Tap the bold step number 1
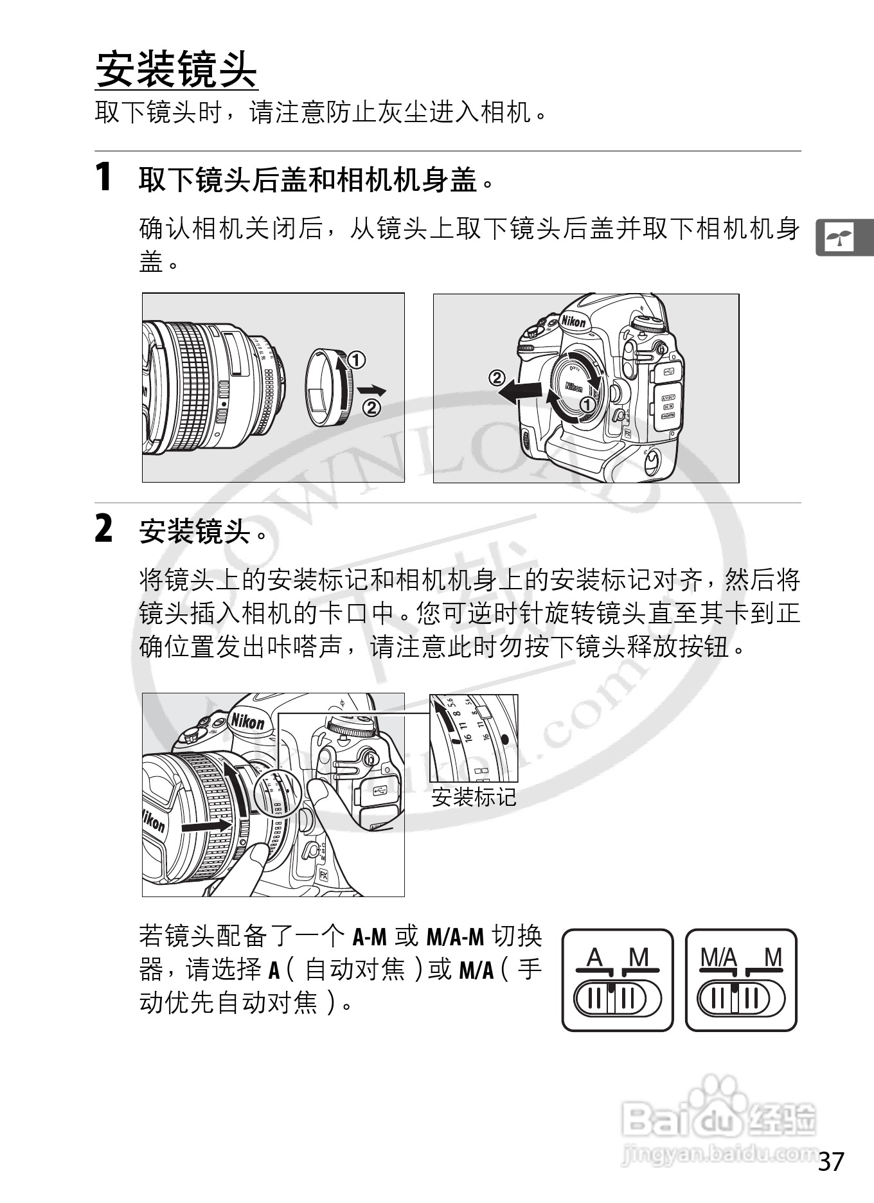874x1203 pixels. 103,177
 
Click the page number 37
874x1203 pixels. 831,1161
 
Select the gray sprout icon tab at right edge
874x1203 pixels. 844,238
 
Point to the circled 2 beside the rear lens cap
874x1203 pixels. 372,407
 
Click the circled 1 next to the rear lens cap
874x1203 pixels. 357,360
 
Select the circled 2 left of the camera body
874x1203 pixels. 497,377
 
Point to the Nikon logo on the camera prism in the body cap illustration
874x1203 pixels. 573,320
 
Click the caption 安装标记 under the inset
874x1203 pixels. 474,798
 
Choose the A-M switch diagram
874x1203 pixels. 618,980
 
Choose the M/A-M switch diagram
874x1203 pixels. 741,980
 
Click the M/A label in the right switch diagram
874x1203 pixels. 718,958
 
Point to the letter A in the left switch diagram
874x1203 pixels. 595,958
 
